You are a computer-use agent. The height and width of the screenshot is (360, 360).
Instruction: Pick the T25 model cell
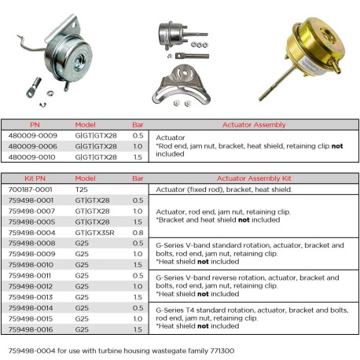pyautogui.click(x=83, y=189)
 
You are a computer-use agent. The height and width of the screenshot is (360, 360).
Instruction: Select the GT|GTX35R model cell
pyautogui.click(x=94, y=233)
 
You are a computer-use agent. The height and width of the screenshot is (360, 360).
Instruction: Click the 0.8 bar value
pyautogui.click(x=138, y=233)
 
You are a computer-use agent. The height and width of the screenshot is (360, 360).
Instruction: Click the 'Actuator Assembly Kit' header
pyautogui.click(x=255, y=178)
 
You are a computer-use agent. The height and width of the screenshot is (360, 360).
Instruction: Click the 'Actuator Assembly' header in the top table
pyautogui.click(x=255, y=124)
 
